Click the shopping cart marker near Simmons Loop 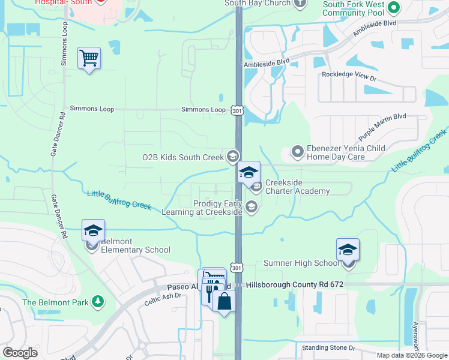pos(89,58)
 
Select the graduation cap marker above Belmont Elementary pos(93,230)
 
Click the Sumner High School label pos(301,263)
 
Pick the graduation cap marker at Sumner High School pos(348,250)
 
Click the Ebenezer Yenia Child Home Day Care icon pos(297,152)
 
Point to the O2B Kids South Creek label pos(182,157)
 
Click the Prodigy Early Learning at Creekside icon pos(252,208)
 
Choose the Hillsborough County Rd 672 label pos(295,284)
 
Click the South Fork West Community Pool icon pos(394,8)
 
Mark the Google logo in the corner pos(20,352)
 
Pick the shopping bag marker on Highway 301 pos(224,301)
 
